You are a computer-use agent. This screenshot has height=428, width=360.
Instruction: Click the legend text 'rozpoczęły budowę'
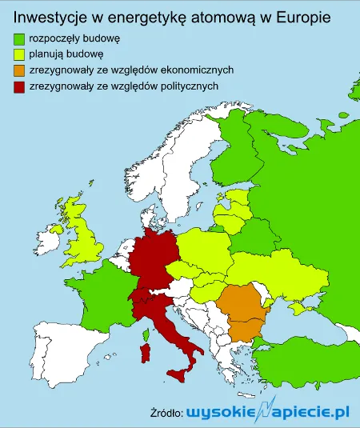coord(74,38)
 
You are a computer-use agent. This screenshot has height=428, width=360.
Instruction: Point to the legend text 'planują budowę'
coord(66,54)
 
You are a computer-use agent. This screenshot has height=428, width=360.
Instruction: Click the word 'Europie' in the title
coord(304,14)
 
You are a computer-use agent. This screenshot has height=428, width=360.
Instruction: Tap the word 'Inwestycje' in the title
coord(50,14)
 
